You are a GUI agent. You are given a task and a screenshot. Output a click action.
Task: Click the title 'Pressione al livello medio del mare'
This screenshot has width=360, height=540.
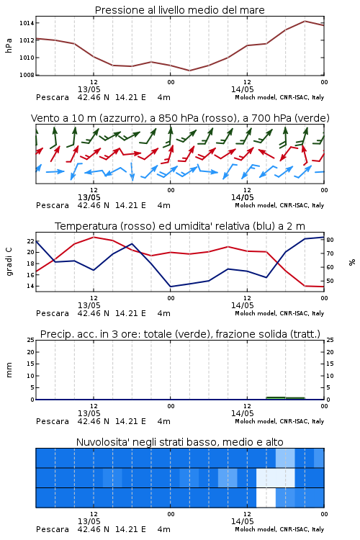179,10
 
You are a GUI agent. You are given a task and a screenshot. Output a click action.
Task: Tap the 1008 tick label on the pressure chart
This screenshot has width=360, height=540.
27,75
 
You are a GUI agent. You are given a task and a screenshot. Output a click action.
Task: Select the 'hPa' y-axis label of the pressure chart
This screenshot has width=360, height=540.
9,45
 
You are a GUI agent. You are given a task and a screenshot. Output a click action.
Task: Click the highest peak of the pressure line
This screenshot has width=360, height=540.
305,21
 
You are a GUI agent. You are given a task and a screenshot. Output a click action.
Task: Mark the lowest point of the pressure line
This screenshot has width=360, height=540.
189,71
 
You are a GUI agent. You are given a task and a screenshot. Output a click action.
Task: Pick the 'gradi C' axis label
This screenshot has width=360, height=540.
9,261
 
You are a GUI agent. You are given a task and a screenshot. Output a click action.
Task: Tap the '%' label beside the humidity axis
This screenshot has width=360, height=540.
352,262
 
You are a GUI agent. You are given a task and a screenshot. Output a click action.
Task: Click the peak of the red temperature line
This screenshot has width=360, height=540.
94,237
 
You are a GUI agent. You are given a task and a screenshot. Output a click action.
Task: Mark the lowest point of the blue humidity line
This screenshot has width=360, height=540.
171,287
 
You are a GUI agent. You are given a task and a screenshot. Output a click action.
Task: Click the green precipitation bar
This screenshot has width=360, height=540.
285,398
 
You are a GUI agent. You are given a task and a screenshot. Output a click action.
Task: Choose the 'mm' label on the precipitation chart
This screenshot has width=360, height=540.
9,370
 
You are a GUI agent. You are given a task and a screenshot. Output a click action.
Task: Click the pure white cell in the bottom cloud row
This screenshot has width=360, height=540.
266,498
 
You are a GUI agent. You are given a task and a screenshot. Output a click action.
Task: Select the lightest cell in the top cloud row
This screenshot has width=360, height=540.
285,458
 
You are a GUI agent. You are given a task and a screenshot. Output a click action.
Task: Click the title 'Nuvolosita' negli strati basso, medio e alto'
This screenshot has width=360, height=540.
179,442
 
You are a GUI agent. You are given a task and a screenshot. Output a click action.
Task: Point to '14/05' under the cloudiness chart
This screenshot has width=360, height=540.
243,521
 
